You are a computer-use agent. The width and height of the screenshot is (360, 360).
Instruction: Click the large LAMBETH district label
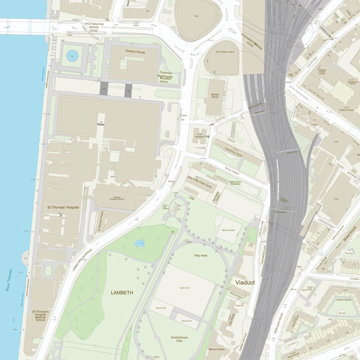point(122,292)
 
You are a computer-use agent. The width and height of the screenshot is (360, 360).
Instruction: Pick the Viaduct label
point(244,282)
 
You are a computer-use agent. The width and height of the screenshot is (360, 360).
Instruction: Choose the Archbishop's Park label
point(183,340)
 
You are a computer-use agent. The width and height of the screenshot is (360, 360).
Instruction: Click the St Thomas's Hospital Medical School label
point(40,315)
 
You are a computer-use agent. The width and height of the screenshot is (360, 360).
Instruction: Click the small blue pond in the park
point(139,243)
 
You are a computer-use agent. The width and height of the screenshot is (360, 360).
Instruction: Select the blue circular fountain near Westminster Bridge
point(71,55)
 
